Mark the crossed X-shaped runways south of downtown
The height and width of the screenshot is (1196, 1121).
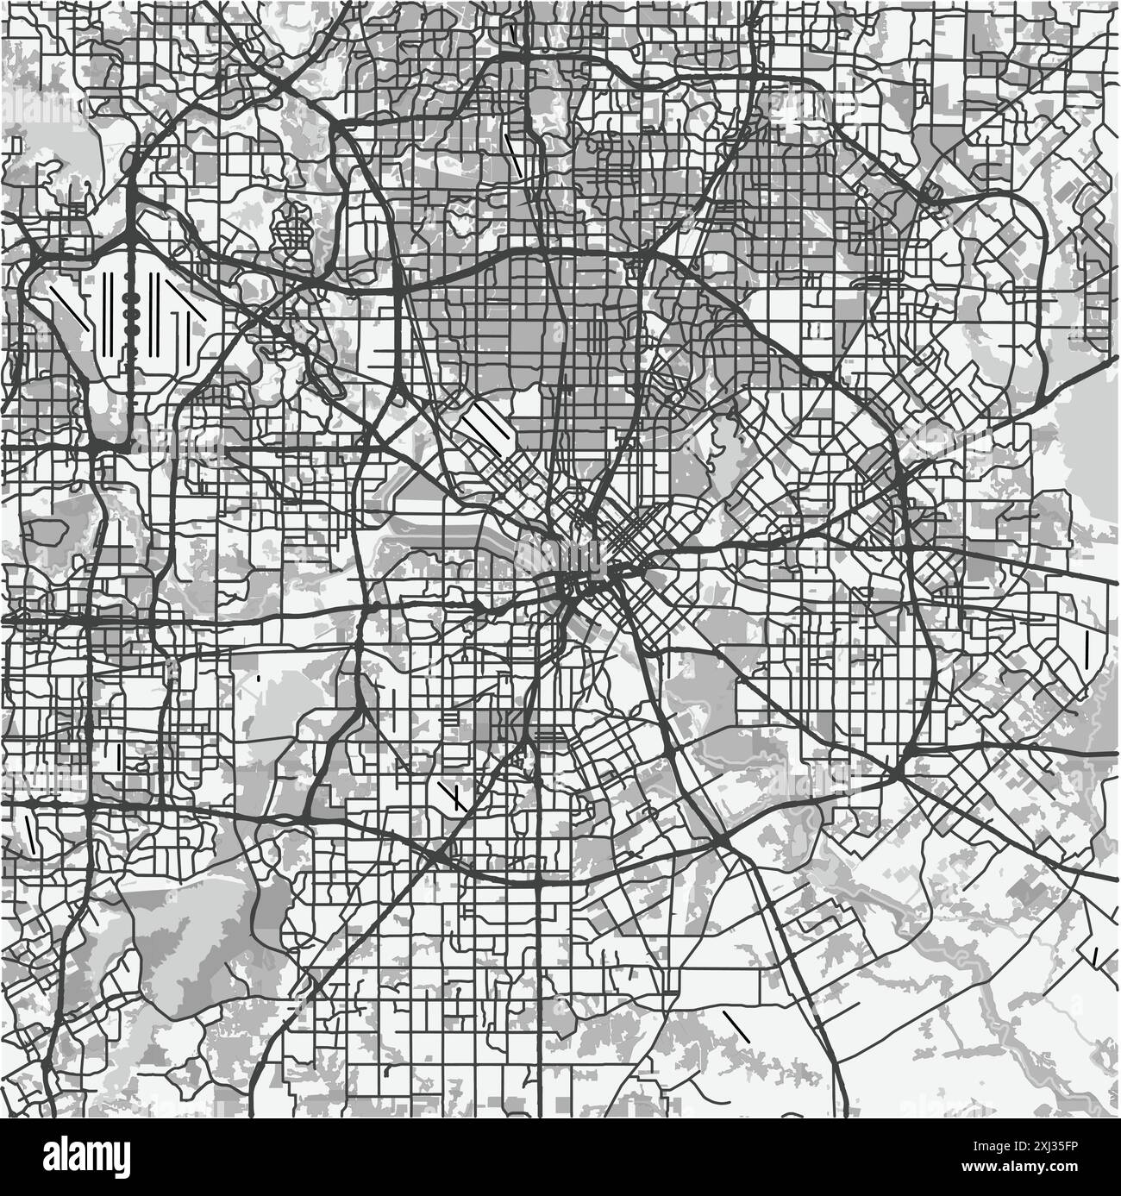point(451,795)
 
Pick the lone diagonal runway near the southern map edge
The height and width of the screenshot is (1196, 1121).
point(735,1025)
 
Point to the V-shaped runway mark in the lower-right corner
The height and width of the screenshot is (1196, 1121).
point(1097,956)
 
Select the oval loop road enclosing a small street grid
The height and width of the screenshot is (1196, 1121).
point(293,229)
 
